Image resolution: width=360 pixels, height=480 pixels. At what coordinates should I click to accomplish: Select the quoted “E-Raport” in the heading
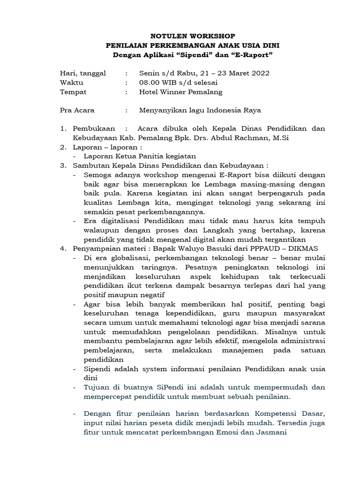[x=253, y=55]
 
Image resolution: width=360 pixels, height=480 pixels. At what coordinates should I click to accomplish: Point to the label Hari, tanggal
[x=83, y=73]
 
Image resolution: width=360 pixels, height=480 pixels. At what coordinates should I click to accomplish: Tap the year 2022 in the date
[x=261, y=73]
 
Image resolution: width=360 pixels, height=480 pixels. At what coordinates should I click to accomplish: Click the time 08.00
[x=150, y=82]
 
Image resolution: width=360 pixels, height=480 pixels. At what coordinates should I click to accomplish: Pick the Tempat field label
[x=74, y=92]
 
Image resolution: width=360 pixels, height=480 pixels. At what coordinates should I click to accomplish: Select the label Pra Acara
[x=77, y=111]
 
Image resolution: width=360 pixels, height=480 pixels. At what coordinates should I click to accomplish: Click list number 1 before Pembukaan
[x=63, y=129]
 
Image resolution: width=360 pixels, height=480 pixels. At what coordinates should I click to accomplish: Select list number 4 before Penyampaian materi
[x=63, y=249]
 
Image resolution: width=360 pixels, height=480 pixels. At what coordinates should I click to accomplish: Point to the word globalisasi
[x=132, y=258]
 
